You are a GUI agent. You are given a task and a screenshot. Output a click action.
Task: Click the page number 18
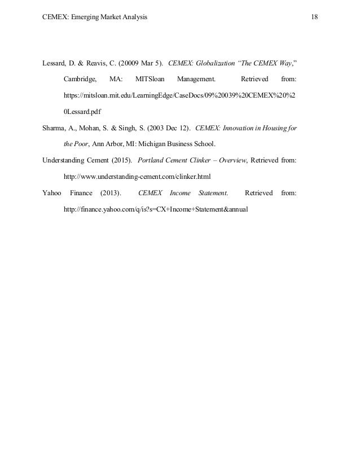314,17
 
